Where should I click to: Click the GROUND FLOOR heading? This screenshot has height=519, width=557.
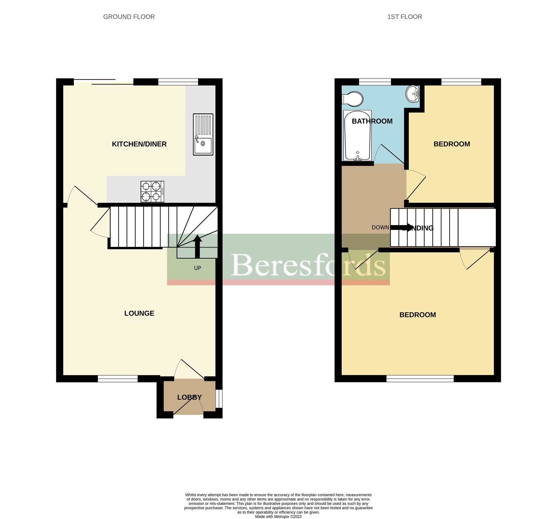pyautogui.click(x=129, y=17)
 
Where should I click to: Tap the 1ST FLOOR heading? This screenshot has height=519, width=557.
pyautogui.click(x=404, y=17)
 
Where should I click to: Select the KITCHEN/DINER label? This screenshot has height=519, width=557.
pyautogui.click(x=139, y=144)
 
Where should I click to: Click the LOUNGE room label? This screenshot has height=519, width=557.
pyautogui.click(x=139, y=313)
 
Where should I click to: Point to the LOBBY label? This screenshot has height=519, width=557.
pyautogui.click(x=189, y=397)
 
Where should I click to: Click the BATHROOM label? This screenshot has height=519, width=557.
pyautogui.click(x=372, y=121)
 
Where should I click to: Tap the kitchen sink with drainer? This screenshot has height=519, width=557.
pyautogui.click(x=203, y=134)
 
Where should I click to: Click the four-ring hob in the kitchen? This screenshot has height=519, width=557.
pyautogui.click(x=152, y=191)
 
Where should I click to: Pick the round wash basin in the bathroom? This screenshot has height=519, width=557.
pyautogui.click(x=413, y=94)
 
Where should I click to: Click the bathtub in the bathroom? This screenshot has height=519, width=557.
pyautogui.click(x=357, y=136)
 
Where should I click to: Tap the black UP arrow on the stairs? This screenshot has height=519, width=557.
pyautogui.click(x=197, y=246)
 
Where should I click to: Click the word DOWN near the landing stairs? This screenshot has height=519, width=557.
pyautogui.click(x=380, y=227)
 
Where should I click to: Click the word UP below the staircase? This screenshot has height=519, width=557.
pyautogui.click(x=197, y=268)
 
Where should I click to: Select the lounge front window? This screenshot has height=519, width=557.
pyautogui.click(x=118, y=379)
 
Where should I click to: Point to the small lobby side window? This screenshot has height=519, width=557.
pyautogui.click(x=219, y=399)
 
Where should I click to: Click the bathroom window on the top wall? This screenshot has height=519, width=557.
pyautogui.click(x=375, y=82)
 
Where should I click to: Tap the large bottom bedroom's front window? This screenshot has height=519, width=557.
pyautogui.click(x=420, y=379)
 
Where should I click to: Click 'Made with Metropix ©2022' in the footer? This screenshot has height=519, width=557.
pyautogui.click(x=278, y=516)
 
